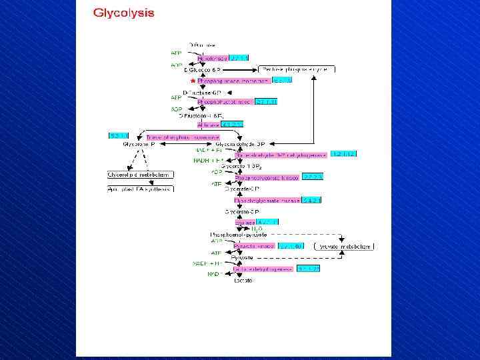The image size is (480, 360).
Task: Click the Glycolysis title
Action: (x=123, y=13)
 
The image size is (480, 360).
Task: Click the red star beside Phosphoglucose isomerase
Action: (x=193, y=81)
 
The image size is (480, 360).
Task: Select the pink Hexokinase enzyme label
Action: (x=213, y=58)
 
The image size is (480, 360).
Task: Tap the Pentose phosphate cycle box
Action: (x=297, y=69)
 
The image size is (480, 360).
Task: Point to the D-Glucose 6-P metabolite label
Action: (x=202, y=69)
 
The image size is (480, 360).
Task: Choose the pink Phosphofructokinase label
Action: (x=225, y=102)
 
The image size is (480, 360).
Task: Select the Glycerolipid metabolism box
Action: (x=141, y=175)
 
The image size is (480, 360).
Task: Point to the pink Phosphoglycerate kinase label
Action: (x=267, y=177)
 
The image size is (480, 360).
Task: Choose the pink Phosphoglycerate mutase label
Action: (x=267, y=200)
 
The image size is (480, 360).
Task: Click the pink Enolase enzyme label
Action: (x=245, y=223)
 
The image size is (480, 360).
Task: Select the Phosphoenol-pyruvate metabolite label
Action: (x=239, y=235)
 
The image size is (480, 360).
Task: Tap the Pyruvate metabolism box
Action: (x=344, y=246)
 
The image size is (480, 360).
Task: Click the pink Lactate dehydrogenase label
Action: (x=263, y=269)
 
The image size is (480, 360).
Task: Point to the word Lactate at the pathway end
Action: (x=243, y=281)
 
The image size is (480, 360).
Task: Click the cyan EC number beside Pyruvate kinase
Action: (x=291, y=246)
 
